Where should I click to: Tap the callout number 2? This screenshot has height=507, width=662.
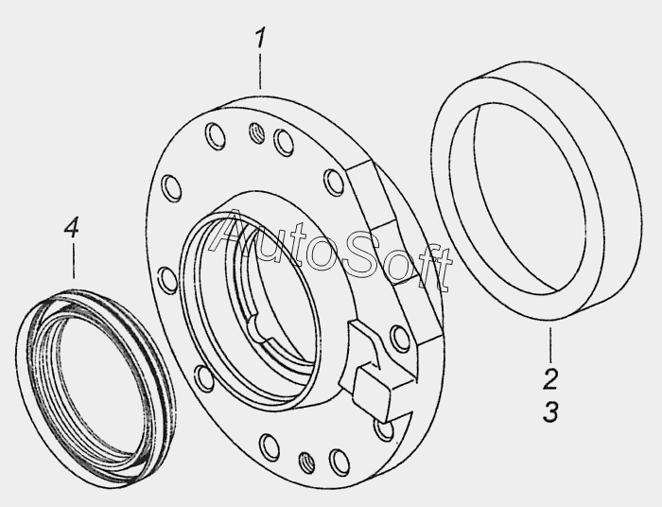pyautogui.click(x=550, y=378)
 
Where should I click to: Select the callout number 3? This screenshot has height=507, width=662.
pyautogui.click(x=550, y=411)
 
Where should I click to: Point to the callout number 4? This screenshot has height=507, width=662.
pyautogui.click(x=72, y=228)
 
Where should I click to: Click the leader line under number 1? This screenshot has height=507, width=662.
pyautogui.click(x=260, y=71)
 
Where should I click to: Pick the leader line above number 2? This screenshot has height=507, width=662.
pyautogui.click(x=550, y=345)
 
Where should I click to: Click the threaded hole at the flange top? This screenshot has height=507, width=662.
pyautogui.click(x=256, y=132)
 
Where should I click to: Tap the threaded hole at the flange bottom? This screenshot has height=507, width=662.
pyautogui.click(x=306, y=463)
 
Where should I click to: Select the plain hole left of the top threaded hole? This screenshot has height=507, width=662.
pyautogui.click(x=215, y=136)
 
